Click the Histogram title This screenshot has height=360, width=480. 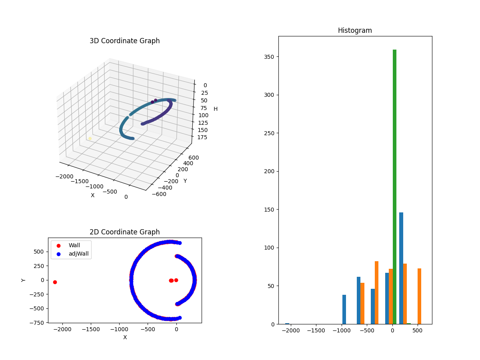[x=355, y=30]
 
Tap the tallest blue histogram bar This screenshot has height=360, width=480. [x=401, y=268]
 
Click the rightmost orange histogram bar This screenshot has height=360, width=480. [x=419, y=296]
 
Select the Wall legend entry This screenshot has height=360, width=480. [x=74, y=245]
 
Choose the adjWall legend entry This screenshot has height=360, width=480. [x=78, y=254]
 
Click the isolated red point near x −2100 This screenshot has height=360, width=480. [x=55, y=282]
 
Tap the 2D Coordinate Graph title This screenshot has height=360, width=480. [x=124, y=232]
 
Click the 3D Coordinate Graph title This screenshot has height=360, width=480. [x=124, y=41]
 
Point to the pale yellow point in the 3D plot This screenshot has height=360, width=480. [x=90, y=138]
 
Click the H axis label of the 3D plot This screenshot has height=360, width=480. [x=216, y=109]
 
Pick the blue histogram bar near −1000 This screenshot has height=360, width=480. [x=344, y=309]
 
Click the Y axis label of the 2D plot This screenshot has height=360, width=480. [x=24, y=280]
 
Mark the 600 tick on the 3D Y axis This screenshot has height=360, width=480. [x=193, y=158]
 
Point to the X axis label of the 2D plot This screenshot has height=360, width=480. [x=125, y=337]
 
